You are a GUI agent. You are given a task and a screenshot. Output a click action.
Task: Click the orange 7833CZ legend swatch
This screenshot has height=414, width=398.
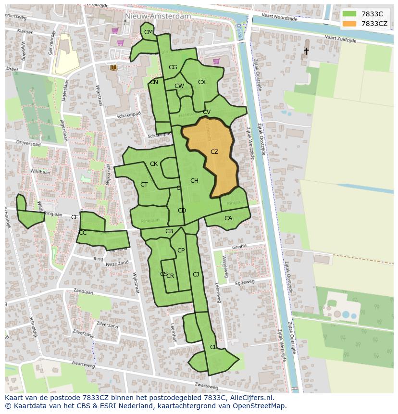349,24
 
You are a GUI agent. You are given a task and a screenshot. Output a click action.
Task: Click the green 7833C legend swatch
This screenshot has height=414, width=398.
349,14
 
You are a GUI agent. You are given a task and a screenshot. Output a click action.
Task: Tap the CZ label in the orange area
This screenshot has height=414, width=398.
214,152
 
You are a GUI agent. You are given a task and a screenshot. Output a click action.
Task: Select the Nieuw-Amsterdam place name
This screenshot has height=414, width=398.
157,16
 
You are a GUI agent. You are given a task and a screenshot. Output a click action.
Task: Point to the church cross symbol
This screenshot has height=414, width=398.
306,50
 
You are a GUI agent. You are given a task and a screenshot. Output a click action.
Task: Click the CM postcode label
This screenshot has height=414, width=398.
149,32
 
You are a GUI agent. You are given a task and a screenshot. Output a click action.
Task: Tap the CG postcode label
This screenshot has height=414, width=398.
173,67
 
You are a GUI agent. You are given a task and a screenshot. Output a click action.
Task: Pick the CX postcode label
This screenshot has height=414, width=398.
202,82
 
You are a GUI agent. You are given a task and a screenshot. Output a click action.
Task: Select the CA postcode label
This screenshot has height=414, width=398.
228,218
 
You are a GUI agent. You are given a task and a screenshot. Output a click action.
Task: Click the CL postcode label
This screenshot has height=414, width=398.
213,347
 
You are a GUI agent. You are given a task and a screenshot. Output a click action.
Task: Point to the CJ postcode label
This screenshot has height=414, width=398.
196,275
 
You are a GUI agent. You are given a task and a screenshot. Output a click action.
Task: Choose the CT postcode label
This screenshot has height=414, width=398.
144,185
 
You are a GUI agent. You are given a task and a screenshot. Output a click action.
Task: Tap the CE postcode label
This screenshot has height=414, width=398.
75,217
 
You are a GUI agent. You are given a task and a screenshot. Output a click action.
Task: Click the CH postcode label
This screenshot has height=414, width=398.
194,181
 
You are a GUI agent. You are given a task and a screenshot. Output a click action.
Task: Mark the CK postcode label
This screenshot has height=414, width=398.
154,164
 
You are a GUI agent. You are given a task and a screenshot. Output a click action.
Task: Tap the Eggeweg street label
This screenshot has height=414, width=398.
245,284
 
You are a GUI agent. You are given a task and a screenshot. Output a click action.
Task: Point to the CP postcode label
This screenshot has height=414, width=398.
181,251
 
